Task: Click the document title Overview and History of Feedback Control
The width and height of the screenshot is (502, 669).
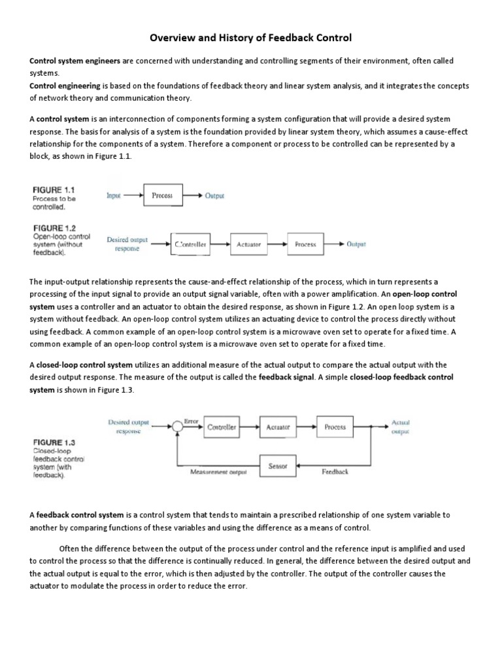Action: [x=251, y=38]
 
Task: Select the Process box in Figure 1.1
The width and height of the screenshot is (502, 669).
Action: [x=162, y=195]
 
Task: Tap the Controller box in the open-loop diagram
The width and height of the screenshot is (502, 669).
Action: [x=191, y=244]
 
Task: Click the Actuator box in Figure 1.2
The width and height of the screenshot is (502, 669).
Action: [x=250, y=244]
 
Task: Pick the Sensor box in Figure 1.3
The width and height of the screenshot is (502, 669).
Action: [x=278, y=466]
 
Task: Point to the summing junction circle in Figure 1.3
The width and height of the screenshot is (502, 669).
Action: [x=176, y=427]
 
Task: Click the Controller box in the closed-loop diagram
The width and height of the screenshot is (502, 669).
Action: [x=222, y=427]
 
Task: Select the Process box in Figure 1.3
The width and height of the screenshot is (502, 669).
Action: [x=335, y=427]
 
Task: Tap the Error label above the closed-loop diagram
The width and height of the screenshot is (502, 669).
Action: [x=191, y=421]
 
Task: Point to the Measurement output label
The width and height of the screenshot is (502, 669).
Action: [x=218, y=472]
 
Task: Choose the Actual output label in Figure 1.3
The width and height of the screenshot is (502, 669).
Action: [x=400, y=427]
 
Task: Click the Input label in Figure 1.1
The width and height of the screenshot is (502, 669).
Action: [x=114, y=195]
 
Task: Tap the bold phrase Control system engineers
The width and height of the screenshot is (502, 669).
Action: [x=75, y=61]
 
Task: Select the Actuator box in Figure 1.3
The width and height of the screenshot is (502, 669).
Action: [x=278, y=427]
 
